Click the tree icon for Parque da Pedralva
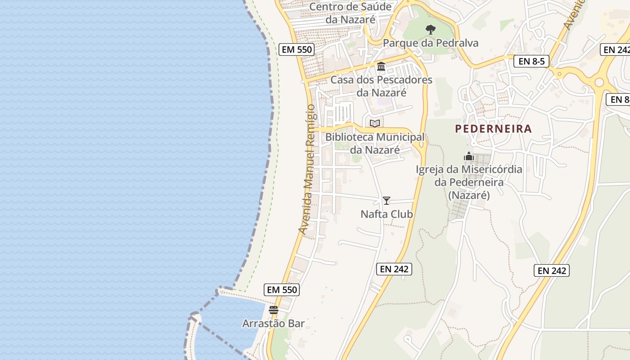(431, 30)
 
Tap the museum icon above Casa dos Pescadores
(381, 67)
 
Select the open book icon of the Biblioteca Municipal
(375, 123)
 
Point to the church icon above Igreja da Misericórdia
(469, 157)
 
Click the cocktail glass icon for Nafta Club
(387, 201)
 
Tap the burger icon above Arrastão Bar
(273, 310)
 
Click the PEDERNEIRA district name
(493, 129)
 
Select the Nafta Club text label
(387, 214)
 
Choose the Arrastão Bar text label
(273, 324)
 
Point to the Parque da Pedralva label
(431, 43)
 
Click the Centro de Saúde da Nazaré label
(351, 13)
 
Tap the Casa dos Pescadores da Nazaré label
(381, 86)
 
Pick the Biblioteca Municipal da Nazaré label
(375, 143)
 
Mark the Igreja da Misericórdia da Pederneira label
(469, 183)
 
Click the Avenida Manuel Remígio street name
(308, 169)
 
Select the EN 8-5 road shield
(531, 61)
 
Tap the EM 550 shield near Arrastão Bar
(282, 290)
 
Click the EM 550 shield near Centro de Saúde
(296, 49)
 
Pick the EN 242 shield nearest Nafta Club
(394, 269)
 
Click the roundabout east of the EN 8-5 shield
(599, 82)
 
